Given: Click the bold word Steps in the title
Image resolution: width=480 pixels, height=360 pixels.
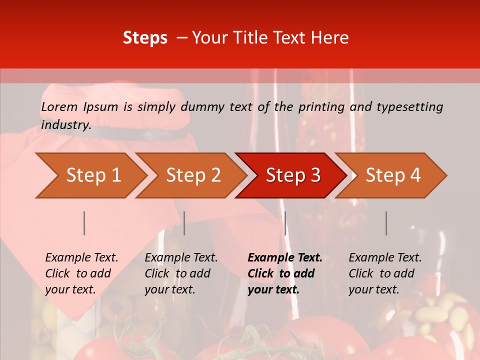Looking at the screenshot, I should [x=145, y=38].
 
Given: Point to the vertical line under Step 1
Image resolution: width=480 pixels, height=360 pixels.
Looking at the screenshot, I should [x=84, y=223].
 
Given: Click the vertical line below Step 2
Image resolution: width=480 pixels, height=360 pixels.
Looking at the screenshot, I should [x=184, y=223].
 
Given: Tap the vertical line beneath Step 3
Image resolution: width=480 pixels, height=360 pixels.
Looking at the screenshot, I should [x=285, y=223].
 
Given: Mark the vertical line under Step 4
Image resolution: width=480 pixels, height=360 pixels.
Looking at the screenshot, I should [x=386, y=223].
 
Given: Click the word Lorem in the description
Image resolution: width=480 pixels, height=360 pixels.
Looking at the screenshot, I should [x=59, y=107].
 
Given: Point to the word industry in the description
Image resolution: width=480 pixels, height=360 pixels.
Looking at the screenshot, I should [x=66, y=125].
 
